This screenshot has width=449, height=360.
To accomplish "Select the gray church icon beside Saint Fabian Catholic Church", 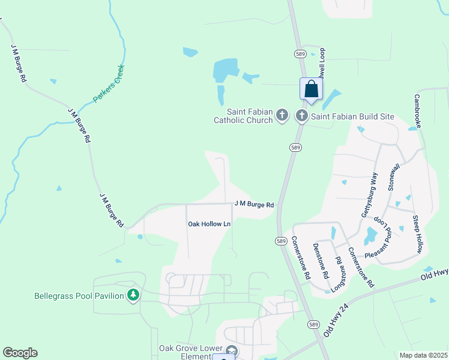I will [x=283, y=115].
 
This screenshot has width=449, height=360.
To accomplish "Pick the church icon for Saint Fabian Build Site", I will [x=301, y=115].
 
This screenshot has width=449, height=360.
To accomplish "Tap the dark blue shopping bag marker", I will [x=311, y=90].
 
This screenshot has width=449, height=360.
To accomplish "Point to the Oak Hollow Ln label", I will [x=209, y=224].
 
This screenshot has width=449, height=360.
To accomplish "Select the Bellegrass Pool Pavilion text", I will [x=79, y=295].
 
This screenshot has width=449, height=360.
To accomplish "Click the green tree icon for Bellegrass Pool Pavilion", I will [x=133, y=295].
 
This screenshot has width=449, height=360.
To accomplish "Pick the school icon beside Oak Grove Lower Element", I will [x=232, y=351].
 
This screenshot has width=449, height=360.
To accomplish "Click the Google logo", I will [x=20, y=353].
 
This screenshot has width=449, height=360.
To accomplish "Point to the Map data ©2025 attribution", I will [x=423, y=355].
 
